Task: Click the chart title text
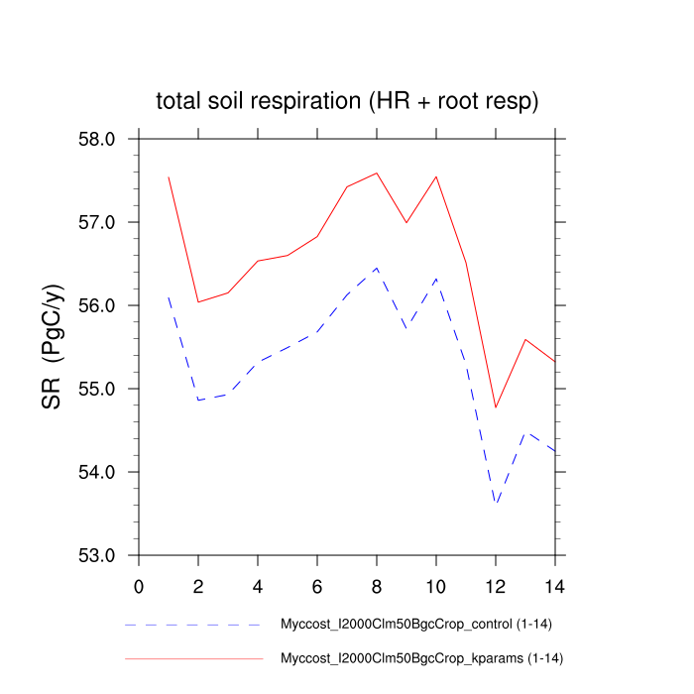click(347, 101)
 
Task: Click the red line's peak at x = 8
click(377, 173)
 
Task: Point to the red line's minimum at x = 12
click(496, 407)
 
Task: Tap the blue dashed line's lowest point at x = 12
click(496, 505)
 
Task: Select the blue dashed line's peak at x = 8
click(377, 268)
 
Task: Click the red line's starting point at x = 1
click(169, 176)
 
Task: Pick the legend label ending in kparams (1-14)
click(422, 657)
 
